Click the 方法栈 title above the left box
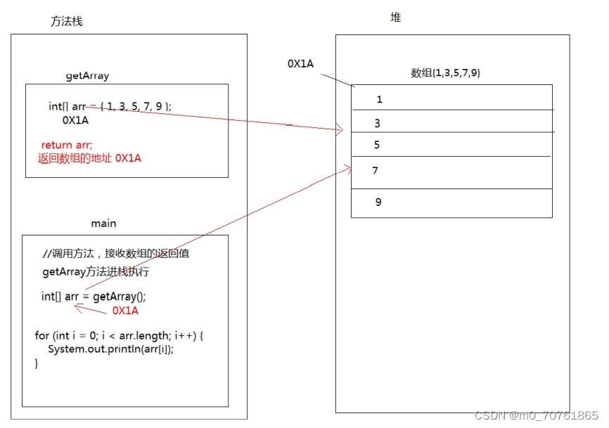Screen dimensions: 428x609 tap(66, 22)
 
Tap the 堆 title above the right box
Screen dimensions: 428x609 tap(396, 18)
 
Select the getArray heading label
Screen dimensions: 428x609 tap(87, 75)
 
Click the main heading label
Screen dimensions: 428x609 tap(103, 223)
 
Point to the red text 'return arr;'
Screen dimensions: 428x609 tap(66, 145)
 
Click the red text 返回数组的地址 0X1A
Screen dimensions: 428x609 tap(89, 158)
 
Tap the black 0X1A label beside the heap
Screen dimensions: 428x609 tap(300, 64)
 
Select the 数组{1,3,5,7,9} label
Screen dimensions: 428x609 tap(445, 73)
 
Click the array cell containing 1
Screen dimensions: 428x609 tap(451, 98)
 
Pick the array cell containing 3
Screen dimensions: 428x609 tap(451, 122)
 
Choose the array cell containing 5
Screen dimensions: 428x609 tap(451, 145)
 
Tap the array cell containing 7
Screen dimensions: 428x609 tap(451, 171)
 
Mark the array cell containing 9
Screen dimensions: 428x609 tap(451, 202)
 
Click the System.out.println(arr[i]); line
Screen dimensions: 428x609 tap(110, 349)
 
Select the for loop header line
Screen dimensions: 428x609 tap(119, 335)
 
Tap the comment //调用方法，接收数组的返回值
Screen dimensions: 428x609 tap(116, 254)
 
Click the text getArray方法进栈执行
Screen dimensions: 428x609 tap(96, 272)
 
